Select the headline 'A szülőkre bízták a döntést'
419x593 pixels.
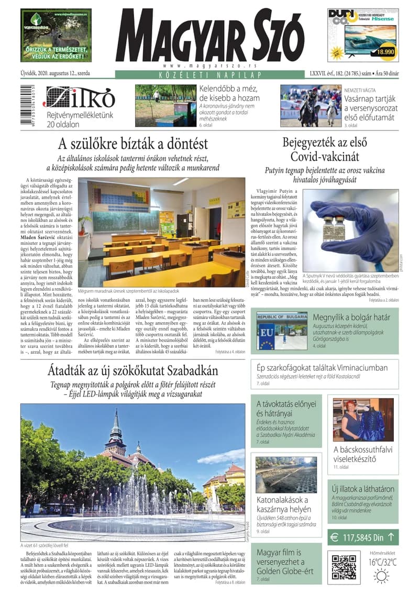(x=133, y=144)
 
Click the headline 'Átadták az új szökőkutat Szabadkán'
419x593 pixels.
(x=133, y=371)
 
